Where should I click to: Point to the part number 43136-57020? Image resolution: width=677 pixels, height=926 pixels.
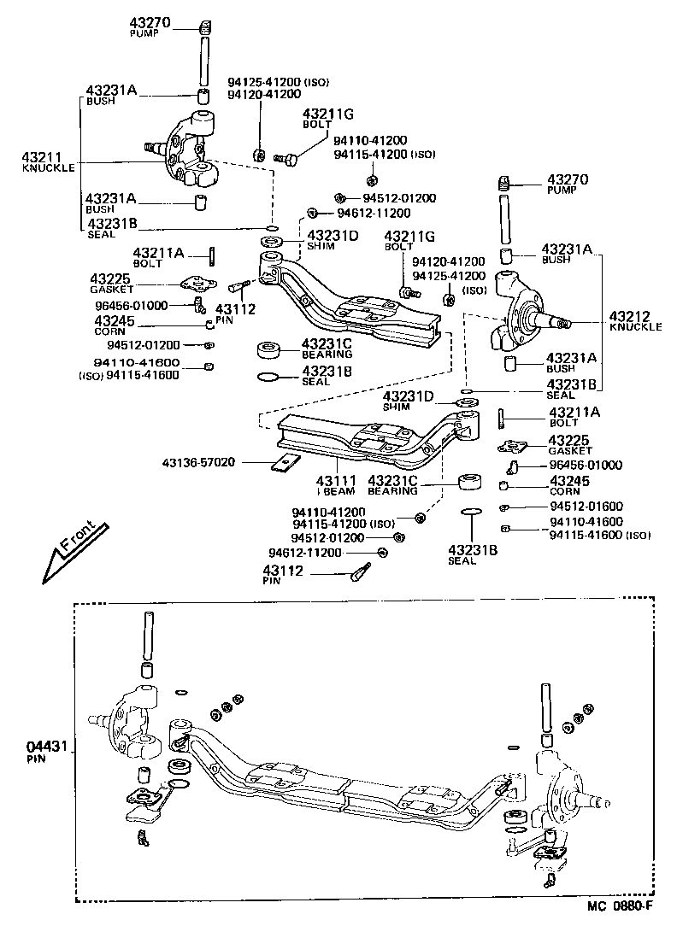point(197,463)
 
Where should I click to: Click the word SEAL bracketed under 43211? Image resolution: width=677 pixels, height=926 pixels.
point(100,234)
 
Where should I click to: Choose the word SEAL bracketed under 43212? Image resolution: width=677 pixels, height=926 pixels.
point(561,396)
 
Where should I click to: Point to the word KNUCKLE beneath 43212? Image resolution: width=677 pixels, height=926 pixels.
point(635,327)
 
